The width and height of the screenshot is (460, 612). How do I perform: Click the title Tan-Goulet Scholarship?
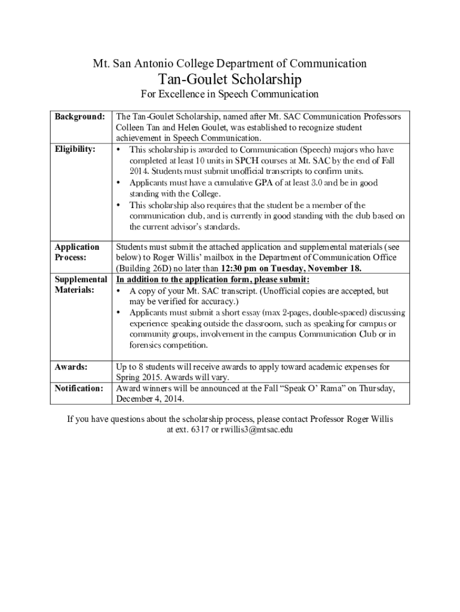point(230,79)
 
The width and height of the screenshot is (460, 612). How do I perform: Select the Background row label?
point(80,116)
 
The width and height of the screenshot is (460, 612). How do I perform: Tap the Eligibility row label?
point(75,149)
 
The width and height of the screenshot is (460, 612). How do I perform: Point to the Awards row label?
point(71,366)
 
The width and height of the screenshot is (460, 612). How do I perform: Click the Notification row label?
point(79,388)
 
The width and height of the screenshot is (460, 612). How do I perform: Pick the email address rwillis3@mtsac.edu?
point(257,429)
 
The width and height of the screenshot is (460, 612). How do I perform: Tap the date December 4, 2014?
point(151,399)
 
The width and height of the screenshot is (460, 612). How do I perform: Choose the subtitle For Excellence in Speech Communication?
point(229,94)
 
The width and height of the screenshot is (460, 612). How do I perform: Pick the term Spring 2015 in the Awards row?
point(135,377)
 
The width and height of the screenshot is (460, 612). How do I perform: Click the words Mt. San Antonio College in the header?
point(144,63)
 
